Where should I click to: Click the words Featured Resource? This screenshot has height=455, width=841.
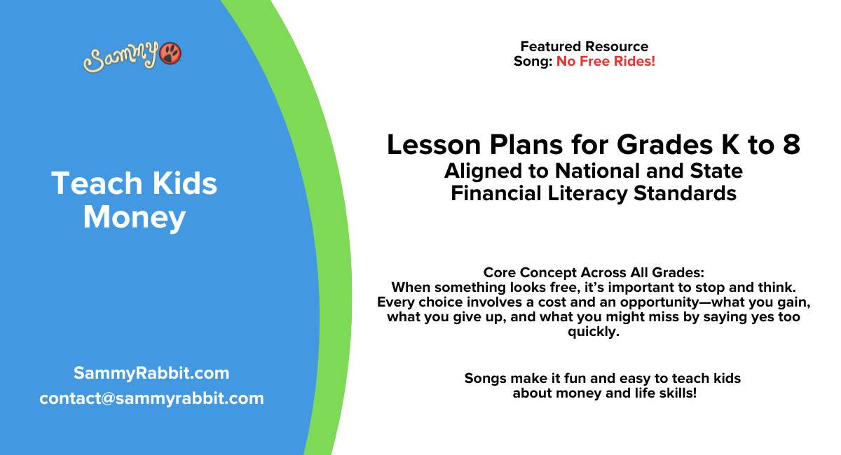(584, 47)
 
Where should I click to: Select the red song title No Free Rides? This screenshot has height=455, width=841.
(606, 62)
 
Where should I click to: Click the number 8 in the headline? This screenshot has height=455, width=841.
(791, 145)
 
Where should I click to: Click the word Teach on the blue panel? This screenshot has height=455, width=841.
(91, 184)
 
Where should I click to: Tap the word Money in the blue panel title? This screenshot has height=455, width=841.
(134, 217)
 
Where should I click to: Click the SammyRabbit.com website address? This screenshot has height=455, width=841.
(151, 373)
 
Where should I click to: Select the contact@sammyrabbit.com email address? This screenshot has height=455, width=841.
(151, 398)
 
